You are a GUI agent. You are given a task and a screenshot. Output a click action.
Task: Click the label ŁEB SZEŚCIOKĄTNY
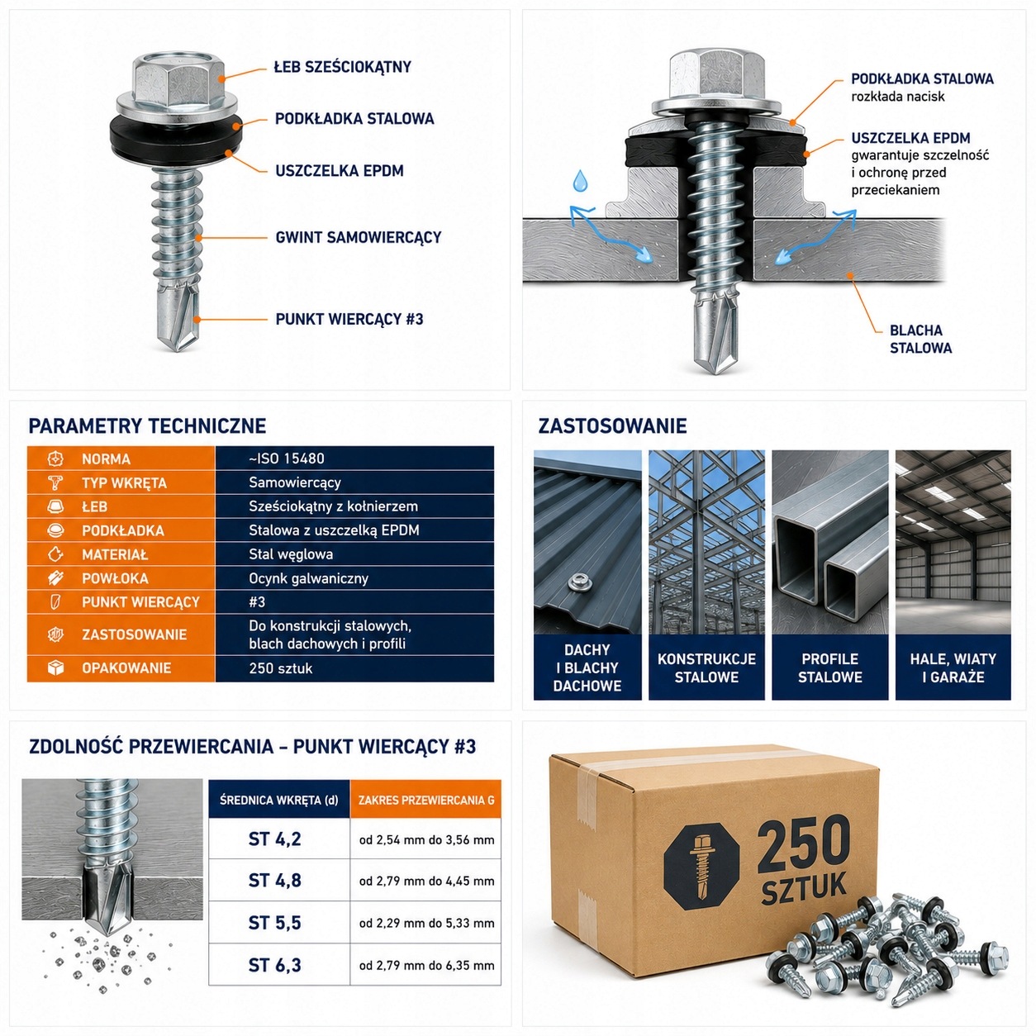click(x=343, y=67)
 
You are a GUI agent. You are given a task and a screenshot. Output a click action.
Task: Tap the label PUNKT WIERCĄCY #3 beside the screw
click(x=349, y=320)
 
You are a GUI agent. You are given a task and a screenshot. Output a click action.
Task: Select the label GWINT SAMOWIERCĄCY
click(x=358, y=238)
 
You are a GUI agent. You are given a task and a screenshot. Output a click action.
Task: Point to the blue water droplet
click(x=580, y=181)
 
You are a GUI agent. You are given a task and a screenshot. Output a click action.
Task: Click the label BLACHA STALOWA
click(x=920, y=340)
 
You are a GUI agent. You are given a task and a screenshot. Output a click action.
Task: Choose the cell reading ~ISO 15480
click(x=287, y=459)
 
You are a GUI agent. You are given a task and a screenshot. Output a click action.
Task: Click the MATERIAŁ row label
click(x=115, y=555)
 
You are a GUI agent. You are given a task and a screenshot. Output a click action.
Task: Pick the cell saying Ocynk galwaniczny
click(x=309, y=578)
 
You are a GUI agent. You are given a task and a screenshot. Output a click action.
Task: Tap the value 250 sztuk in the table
click(x=281, y=668)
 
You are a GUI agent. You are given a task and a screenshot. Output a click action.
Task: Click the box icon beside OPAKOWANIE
click(x=56, y=668)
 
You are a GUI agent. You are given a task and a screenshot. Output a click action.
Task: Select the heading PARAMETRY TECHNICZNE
click(x=147, y=425)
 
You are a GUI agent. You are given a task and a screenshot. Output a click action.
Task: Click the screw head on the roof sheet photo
click(x=580, y=581)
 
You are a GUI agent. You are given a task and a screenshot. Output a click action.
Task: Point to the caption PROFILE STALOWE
click(x=829, y=668)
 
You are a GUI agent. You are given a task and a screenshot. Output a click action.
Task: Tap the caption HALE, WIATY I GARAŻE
click(x=953, y=668)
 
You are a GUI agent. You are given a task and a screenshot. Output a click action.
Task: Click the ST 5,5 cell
click(x=275, y=923)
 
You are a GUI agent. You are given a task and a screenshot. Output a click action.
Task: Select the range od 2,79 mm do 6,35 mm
click(x=427, y=965)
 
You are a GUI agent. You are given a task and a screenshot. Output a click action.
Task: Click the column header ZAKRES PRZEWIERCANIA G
click(x=426, y=800)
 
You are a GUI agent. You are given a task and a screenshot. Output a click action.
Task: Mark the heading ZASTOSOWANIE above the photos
click(x=612, y=425)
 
